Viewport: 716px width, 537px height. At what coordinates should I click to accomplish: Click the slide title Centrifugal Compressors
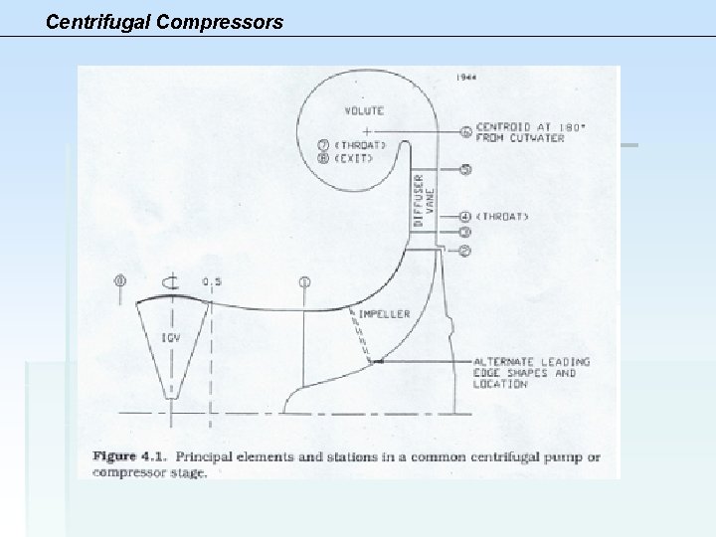tap(164, 19)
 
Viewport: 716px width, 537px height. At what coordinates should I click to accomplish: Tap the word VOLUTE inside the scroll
tap(366, 111)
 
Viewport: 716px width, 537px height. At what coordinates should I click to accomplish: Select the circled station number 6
tap(466, 131)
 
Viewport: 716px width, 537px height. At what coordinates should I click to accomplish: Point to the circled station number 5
tap(466, 169)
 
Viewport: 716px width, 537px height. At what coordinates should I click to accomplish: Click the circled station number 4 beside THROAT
tap(466, 216)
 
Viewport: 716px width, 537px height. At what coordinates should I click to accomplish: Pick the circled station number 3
tap(466, 233)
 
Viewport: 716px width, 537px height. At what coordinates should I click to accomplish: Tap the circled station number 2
tap(466, 250)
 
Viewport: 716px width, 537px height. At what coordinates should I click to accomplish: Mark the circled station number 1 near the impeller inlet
tap(304, 282)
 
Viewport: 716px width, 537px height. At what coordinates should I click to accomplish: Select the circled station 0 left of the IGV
tap(121, 281)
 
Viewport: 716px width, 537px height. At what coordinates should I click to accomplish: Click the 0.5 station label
tap(212, 281)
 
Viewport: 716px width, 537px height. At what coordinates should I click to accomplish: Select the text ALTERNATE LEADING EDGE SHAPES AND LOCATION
tap(532, 372)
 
